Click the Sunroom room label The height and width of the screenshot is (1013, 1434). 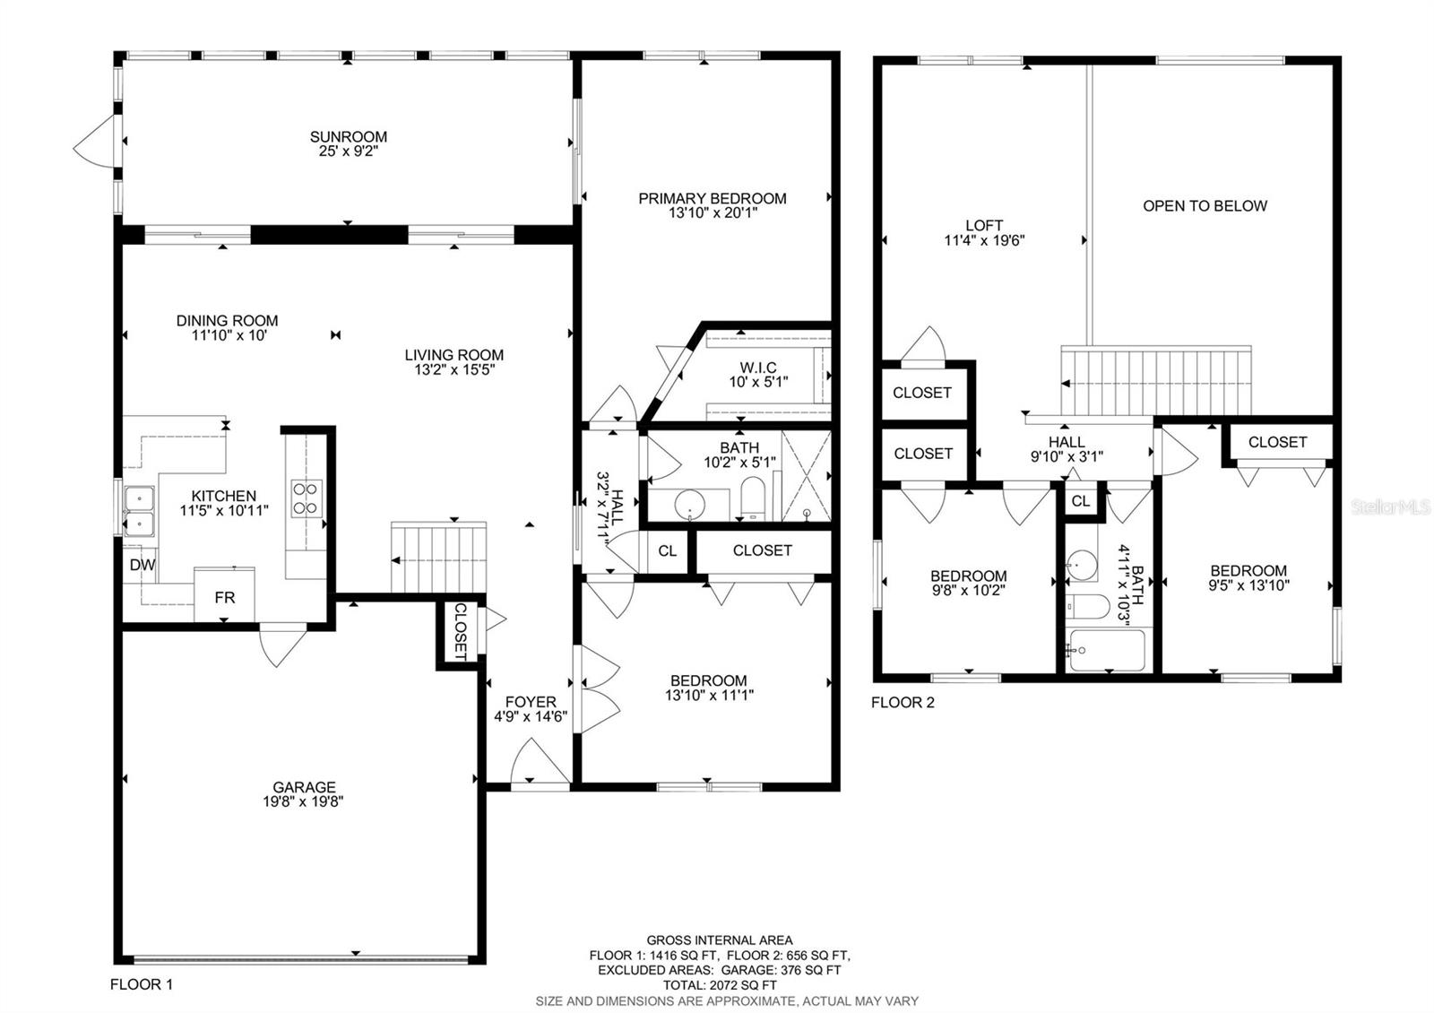(349, 137)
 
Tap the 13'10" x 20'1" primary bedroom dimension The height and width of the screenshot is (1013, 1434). (713, 213)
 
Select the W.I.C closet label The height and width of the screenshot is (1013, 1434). (758, 368)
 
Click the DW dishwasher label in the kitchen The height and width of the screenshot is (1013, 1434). (142, 565)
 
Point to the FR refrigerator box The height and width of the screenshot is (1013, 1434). (225, 595)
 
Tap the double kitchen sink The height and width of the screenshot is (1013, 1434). (139, 510)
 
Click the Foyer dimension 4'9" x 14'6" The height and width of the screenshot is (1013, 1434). (531, 716)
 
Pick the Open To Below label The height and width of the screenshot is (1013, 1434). (1205, 206)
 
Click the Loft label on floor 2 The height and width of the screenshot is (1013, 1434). (984, 226)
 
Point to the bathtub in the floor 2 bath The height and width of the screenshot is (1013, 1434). (1107, 650)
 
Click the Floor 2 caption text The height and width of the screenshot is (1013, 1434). (903, 703)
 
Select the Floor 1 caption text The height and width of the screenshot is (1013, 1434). (141, 984)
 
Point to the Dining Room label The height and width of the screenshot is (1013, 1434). (227, 321)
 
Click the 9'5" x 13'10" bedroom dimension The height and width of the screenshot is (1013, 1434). (1248, 585)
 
